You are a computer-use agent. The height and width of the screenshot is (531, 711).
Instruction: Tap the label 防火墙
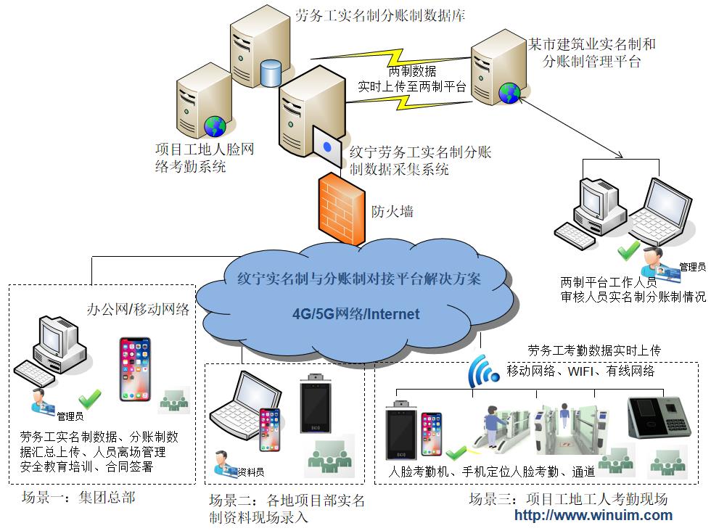(393, 212)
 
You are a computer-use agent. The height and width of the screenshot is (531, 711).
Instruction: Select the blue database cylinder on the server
(270, 73)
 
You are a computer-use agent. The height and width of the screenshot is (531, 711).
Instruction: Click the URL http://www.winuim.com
(593, 516)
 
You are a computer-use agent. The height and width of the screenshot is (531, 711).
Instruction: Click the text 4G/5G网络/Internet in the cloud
(355, 314)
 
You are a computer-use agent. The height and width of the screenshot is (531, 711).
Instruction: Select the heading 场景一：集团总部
(78, 498)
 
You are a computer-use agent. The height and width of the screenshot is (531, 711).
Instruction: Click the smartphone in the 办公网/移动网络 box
(135, 369)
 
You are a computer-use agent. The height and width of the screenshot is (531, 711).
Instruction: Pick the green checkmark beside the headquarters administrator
(90, 398)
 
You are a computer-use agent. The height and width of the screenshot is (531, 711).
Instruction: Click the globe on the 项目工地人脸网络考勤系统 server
(215, 127)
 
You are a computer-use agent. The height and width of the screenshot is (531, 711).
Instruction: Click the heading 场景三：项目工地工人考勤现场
(567, 499)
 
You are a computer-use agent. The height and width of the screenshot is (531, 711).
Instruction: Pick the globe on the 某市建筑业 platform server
(509, 92)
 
